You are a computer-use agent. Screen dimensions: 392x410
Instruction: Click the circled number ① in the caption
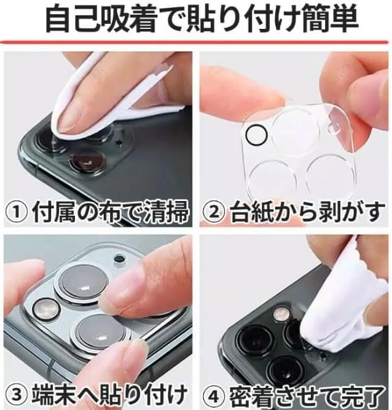click(16, 212)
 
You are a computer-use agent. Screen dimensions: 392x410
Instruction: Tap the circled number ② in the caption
click(214, 212)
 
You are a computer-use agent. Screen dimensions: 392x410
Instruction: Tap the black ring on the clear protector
click(257, 135)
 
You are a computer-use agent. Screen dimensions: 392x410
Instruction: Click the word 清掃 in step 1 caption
click(166, 212)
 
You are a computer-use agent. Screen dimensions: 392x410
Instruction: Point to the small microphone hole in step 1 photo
click(119, 143)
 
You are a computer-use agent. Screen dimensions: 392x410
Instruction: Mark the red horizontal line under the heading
click(194, 42)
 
